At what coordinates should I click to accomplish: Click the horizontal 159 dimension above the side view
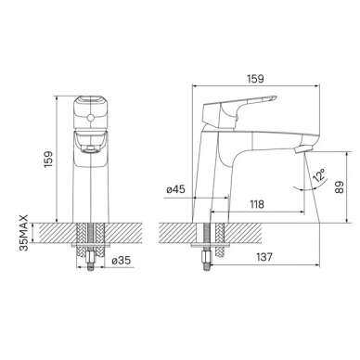pyautogui.click(x=255, y=79)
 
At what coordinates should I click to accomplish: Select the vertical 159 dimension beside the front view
pyautogui.click(x=49, y=160)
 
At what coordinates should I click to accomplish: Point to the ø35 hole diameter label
pyautogui.click(x=121, y=261)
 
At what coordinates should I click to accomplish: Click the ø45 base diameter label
pyautogui.click(x=175, y=189)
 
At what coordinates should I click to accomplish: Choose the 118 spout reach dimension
pyautogui.click(x=257, y=204)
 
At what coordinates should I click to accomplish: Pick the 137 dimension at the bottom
pyautogui.click(x=264, y=257)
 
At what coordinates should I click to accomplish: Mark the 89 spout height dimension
pyautogui.click(x=340, y=187)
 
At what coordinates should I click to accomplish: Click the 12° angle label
pyautogui.click(x=319, y=175)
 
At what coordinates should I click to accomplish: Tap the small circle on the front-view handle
pyautogui.click(x=91, y=118)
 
